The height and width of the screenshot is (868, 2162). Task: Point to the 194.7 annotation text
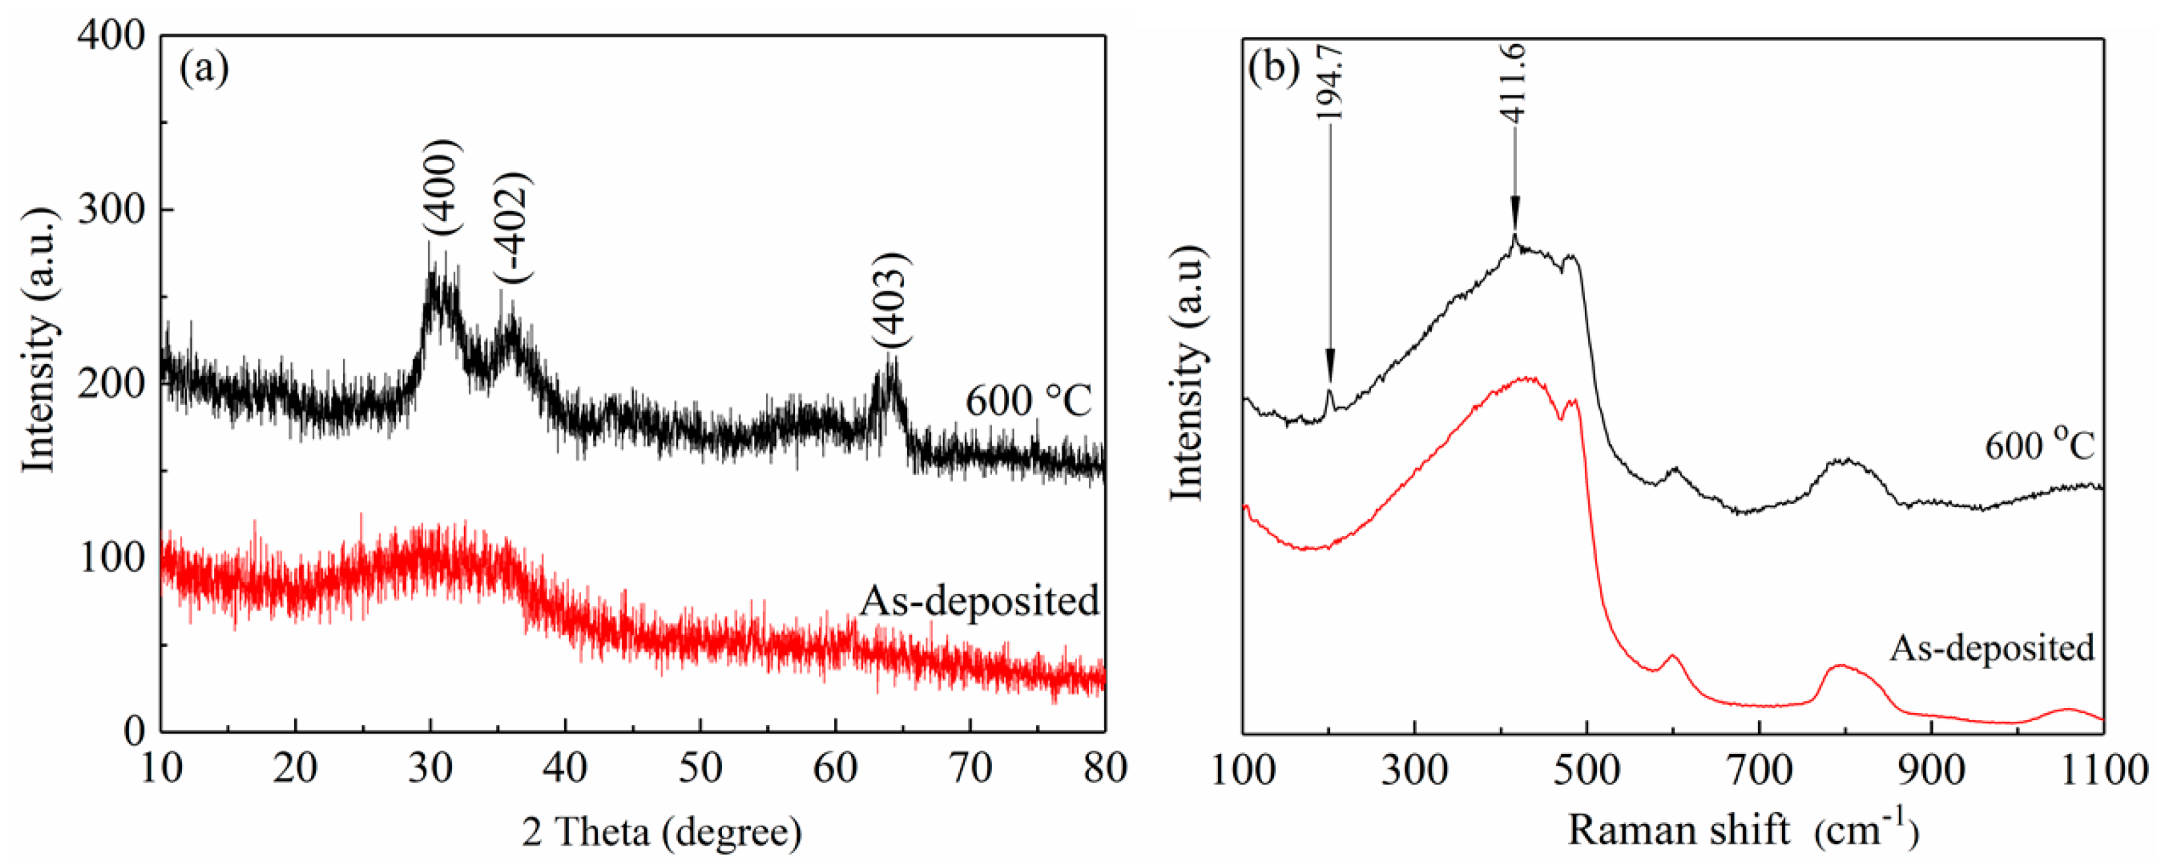pyautogui.click(x=1329, y=84)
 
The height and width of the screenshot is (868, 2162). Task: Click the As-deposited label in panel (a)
pyautogui.click(x=980, y=601)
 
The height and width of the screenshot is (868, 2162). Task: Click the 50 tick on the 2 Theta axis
pyautogui.click(x=700, y=768)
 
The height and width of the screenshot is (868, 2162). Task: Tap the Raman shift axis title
pyautogui.click(x=1742, y=831)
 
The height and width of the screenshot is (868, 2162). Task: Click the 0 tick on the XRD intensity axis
pyautogui.click(x=134, y=732)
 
